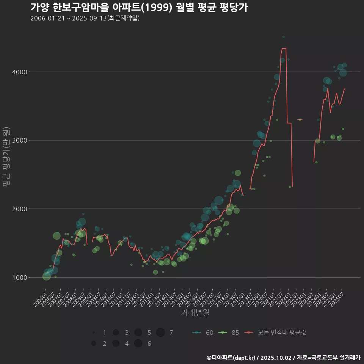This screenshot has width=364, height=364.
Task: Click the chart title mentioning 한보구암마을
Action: (139, 8)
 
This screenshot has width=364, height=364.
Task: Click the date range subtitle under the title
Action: (85, 18)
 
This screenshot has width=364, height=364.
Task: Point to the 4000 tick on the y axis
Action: (19, 72)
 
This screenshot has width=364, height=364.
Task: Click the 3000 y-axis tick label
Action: (19, 141)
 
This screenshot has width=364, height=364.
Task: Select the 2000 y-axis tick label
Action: (19, 209)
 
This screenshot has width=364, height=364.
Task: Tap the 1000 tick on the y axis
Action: (19, 278)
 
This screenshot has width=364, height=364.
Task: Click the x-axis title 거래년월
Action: (195, 313)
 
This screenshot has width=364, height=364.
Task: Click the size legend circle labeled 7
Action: (160, 333)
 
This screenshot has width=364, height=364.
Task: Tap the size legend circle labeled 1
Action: (93, 333)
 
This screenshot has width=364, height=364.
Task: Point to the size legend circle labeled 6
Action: (138, 344)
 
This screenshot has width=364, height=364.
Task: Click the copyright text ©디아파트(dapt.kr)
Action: (231, 357)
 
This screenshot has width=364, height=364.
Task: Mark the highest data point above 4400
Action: (283, 37)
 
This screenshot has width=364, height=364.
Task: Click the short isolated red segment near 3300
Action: (300, 119)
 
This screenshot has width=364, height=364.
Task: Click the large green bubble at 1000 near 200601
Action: (46, 276)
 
